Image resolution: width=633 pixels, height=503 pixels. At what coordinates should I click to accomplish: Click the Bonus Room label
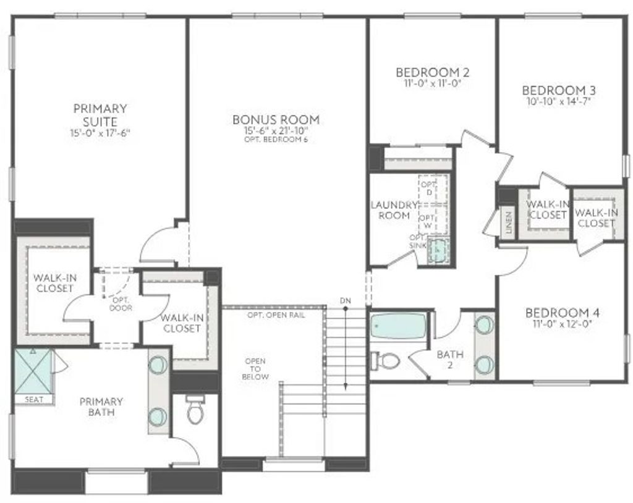276,119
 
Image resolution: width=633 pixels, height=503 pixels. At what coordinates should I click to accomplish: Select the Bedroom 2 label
428,72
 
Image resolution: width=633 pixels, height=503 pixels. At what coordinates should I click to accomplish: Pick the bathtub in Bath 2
398,326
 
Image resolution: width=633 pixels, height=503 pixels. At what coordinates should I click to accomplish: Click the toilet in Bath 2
388,360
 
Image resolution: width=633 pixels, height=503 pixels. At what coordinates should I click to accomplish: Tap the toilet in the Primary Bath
195,410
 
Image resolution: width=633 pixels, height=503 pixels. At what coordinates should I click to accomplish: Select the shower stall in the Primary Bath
32,370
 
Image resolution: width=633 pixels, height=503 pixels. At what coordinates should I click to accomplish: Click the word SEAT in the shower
34,400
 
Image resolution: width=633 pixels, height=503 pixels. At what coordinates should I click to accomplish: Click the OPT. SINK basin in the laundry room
439,250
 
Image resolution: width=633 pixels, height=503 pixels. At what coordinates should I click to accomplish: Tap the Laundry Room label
390,210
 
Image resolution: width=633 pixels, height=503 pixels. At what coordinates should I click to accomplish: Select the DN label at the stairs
345,301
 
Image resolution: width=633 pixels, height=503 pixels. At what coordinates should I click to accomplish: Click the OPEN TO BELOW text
257,368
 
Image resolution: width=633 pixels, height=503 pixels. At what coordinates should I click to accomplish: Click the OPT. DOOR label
120,303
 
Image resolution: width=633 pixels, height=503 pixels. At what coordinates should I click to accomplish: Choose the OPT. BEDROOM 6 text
276,140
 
